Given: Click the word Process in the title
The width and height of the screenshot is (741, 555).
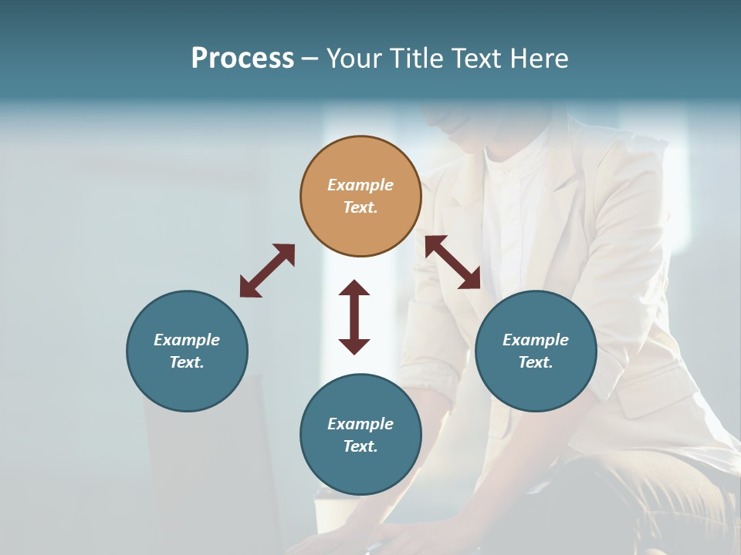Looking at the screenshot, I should [x=242, y=59].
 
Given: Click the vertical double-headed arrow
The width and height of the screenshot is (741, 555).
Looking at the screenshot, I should [x=354, y=317].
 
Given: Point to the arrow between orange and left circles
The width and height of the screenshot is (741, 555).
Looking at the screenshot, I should [x=267, y=271].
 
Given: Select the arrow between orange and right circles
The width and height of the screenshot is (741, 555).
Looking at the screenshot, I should [x=452, y=262].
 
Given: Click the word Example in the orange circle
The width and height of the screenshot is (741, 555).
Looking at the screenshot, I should [x=360, y=185].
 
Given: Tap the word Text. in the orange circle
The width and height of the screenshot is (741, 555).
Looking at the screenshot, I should [x=360, y=207].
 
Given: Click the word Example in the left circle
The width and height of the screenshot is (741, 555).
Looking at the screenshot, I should [x=187, y=340].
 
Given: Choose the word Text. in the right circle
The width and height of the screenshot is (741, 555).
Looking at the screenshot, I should [x=536, y=362].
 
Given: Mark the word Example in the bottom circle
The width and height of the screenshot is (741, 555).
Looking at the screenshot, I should [x=360, y=424].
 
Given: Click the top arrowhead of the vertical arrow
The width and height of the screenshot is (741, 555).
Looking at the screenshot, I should [x=354, y=288].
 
